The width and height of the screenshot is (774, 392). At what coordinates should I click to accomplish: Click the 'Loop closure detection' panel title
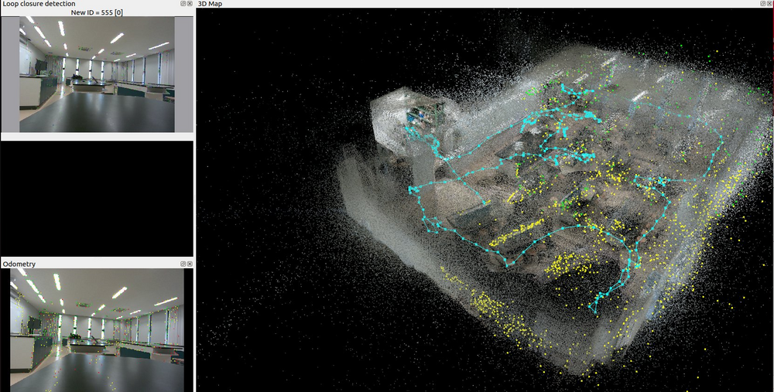tap(39, 3)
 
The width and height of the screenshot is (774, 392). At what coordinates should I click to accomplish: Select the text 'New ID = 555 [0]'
tap(97, 12)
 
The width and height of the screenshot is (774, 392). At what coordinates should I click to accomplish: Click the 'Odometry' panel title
tap(19, 264)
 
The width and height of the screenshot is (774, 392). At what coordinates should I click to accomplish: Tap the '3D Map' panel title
tap(210, 3)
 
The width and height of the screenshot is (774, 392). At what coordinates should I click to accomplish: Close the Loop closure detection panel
tap(190, 3)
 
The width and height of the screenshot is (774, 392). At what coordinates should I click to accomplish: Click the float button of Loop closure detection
tap(183, 3)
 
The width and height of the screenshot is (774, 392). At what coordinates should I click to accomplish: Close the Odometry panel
tap(190, 264)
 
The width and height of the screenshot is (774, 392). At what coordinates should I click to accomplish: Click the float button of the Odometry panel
tap(183, 264)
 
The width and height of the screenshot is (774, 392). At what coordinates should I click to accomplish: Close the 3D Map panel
tap(769, 3)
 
